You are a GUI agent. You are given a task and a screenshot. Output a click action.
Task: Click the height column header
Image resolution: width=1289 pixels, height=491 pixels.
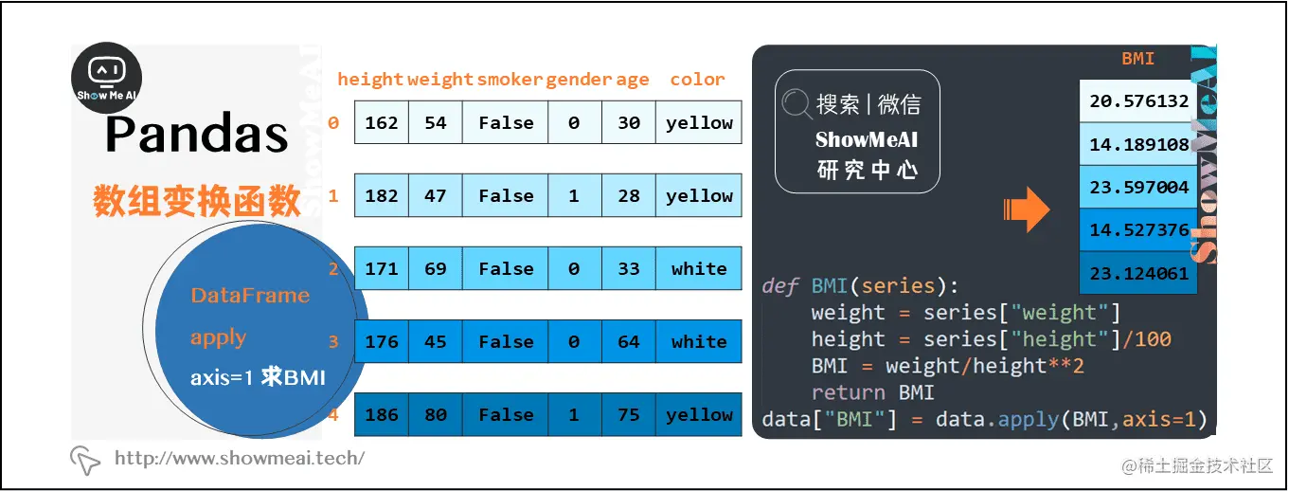tap(370, 80)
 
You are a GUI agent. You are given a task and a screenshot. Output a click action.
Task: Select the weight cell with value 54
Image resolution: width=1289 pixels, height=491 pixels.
tap(436, 123)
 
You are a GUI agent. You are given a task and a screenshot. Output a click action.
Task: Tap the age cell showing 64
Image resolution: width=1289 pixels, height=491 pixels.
tap(629, 342)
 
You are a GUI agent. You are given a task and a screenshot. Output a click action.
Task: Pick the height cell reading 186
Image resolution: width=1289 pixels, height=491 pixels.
tap(382, 415)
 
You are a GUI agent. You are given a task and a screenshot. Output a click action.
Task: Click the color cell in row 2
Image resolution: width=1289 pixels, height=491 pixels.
tap(699, 269)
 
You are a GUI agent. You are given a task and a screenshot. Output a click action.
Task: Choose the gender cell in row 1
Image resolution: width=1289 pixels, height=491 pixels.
tap(574, 196)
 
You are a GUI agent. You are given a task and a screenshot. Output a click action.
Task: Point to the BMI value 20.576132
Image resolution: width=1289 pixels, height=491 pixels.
tap(1138, 101)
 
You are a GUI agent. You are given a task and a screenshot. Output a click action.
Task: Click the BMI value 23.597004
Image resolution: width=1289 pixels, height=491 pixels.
tap(1138, 187)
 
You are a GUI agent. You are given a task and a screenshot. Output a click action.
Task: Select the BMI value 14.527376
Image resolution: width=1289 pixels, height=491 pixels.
tap(1138, 230)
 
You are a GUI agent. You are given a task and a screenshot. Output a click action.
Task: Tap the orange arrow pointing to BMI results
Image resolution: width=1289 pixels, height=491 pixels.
tap(1026, 209)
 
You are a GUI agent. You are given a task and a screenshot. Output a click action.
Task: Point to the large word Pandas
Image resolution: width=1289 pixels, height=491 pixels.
tap(197, 135)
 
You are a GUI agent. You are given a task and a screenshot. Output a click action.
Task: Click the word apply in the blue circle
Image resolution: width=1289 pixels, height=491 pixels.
tap(218, 337)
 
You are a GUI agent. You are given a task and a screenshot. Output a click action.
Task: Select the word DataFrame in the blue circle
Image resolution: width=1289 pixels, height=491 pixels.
tap(250, 296)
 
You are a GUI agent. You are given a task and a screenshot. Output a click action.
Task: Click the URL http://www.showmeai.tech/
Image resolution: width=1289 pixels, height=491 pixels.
tap(239, 459)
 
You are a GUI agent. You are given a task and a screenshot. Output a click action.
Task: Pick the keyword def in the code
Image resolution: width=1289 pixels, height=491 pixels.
tap(780, 286)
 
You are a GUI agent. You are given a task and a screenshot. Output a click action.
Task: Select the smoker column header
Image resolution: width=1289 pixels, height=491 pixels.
tap(510, 80)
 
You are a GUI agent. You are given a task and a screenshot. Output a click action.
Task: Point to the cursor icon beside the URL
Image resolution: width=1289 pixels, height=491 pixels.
tap(85, 460)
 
